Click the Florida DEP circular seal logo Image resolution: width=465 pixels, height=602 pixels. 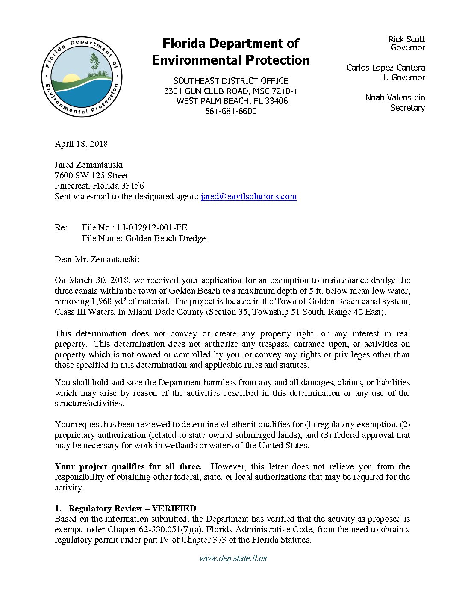tap(82, 77)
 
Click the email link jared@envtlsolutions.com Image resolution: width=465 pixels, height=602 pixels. tap(248, 197)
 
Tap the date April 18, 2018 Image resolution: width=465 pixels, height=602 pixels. tap(81, 144)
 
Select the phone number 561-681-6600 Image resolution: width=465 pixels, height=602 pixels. tap(231, 111)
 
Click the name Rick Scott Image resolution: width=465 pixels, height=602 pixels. tap(406, 39)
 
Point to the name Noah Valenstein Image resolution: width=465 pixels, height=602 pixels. tap(395, 97)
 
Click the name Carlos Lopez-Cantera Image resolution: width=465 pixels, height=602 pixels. tap(386, 68)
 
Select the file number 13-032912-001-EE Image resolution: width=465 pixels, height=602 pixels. tap(152, 228)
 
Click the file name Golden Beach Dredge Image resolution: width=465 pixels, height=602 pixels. tap(165, 239)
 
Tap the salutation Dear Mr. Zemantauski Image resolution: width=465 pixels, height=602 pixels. tap(97, 260)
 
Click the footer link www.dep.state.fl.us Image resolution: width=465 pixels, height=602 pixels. tap(233, 558)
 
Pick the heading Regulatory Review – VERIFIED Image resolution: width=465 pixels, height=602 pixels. tap(132, 508)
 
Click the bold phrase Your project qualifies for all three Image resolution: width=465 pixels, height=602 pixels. tap(128, 466)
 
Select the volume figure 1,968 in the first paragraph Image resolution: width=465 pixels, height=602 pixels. tap(102, 301)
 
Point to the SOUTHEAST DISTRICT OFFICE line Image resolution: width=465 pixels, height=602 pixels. tap(231, 81)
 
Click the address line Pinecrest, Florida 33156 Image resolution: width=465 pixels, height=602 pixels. tap(99, 186)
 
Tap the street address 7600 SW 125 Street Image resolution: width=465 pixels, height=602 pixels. tap(91, 175)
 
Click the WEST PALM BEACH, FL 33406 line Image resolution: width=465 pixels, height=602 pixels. tap(232, 101)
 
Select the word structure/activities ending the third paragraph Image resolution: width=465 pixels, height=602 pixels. tap(89, 404)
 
